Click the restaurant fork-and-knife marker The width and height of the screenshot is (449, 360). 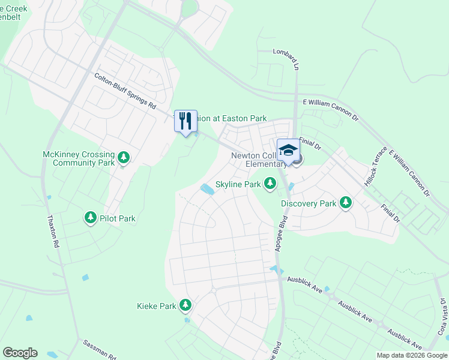click(x=185, y=121)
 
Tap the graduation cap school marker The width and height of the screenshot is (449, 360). click(x=288, y=150)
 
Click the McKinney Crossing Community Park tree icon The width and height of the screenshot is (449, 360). click(x=124, y=158)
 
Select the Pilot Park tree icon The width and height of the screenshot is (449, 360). click(x=91, y=217)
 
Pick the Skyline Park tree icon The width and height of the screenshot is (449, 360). click(x=270, y=183)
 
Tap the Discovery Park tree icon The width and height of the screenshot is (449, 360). click(x=345, y=203)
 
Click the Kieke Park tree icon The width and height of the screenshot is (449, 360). click(x=185, y=305)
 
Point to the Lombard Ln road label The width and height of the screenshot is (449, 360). click(x=285, y=58)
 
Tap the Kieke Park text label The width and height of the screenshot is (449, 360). click(x=157, y=306)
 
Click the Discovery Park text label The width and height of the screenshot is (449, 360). click(x=309, y=203)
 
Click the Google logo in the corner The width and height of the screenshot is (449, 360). click(x=20, y=352)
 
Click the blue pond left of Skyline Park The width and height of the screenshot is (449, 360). click(x=207, y=190)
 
